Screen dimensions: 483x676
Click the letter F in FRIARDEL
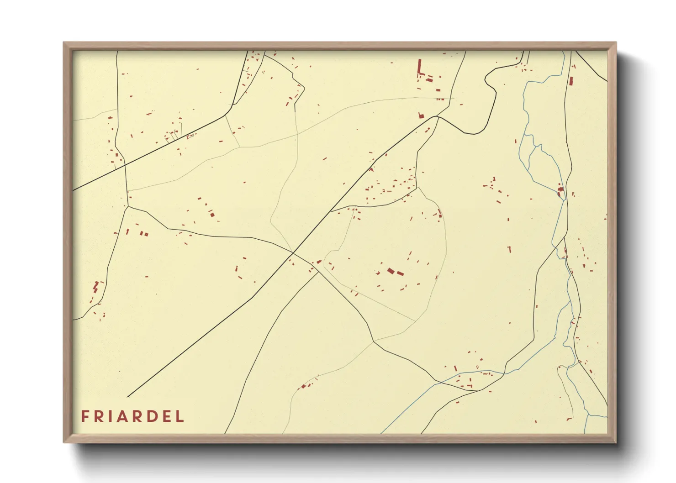click(x=85, y=416)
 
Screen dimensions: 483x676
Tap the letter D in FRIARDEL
click(x=152, y=416)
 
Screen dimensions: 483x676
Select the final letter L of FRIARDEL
click(x=180, y=416)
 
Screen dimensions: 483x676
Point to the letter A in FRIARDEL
click(x=124, y=416)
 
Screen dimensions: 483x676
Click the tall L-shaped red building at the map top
click(x=419, y=68)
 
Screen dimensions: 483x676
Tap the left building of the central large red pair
click(x=391, y=271)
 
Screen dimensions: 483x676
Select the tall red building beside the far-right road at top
click(x=570, y=81)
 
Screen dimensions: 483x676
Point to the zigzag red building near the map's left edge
click(x=96, y=287)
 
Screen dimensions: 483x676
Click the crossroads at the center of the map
click(x=293, y=252)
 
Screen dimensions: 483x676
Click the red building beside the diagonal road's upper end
click(x=421, y=115)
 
